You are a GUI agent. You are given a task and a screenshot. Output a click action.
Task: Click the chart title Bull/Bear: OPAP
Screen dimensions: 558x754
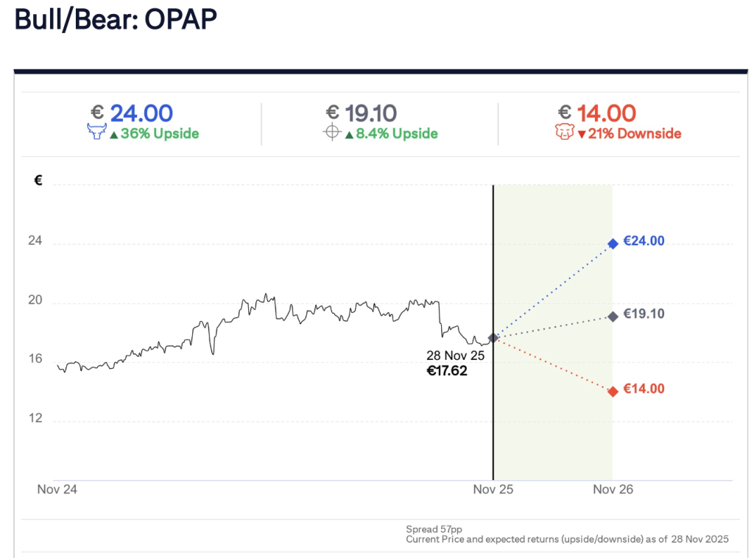coord(116,20)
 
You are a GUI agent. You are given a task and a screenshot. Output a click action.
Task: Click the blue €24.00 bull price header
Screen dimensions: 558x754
coord(132,113)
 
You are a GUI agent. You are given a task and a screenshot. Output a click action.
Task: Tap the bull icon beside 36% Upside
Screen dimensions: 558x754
coord(96,133)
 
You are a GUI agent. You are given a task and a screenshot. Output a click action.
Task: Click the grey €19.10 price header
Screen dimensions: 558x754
coord(361,113)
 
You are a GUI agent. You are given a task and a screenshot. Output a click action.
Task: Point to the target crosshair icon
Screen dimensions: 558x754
coord(332,133)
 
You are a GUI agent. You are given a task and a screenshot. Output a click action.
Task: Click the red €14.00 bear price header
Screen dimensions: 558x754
coord(596,113)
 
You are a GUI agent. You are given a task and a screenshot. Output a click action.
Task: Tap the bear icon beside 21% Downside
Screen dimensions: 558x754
coord(563,133)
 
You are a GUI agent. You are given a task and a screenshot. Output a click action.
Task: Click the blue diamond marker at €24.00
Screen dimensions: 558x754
coord(613,244)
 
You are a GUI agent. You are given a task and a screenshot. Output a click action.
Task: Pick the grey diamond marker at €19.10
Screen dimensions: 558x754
coord(613,317)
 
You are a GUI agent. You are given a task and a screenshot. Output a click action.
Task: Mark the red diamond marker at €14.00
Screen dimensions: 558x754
coord(613,392)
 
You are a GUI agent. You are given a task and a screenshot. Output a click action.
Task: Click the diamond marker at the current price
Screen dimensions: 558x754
coord(493,337)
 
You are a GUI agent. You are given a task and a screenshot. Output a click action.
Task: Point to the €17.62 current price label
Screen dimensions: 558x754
coord(447,371)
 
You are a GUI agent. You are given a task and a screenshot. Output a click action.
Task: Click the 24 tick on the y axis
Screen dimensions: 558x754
coord(35,241)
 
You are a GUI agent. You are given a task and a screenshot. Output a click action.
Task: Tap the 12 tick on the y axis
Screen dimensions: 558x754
coord(35,419)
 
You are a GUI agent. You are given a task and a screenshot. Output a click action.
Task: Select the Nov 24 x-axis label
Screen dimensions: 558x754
coord(57,490)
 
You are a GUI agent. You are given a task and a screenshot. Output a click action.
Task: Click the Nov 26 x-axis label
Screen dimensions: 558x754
coord(613,490)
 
